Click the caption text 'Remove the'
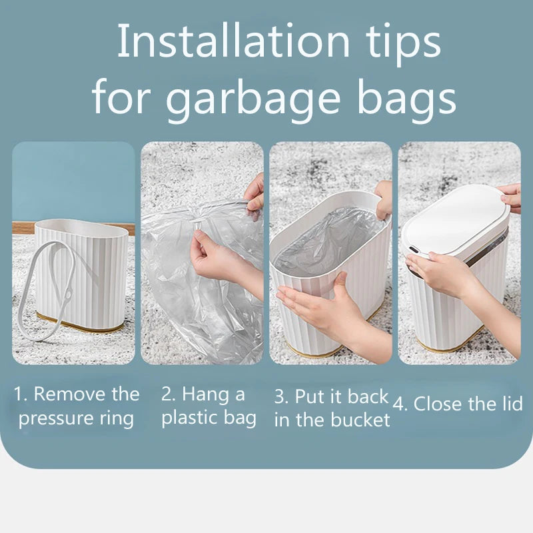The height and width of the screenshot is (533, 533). pos(87,394)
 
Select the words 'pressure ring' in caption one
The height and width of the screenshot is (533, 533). pos(76,418)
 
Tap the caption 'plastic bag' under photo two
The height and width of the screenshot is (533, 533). pos(209,418)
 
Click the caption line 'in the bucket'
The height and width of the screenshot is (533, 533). pos(332,420)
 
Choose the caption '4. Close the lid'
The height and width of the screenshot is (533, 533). pos(458,404)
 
